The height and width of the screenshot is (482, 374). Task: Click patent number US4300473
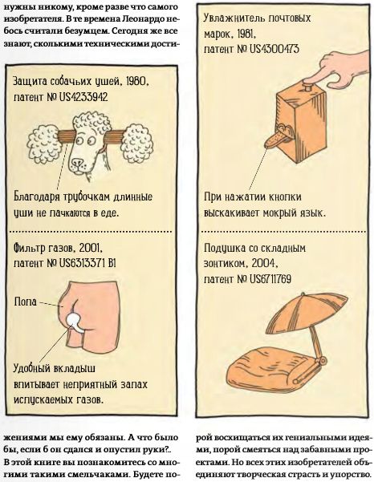point(274,50)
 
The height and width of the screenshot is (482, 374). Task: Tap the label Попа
point(25,302)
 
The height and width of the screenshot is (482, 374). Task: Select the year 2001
point(89,248)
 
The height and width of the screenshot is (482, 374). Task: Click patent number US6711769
point(270,279)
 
